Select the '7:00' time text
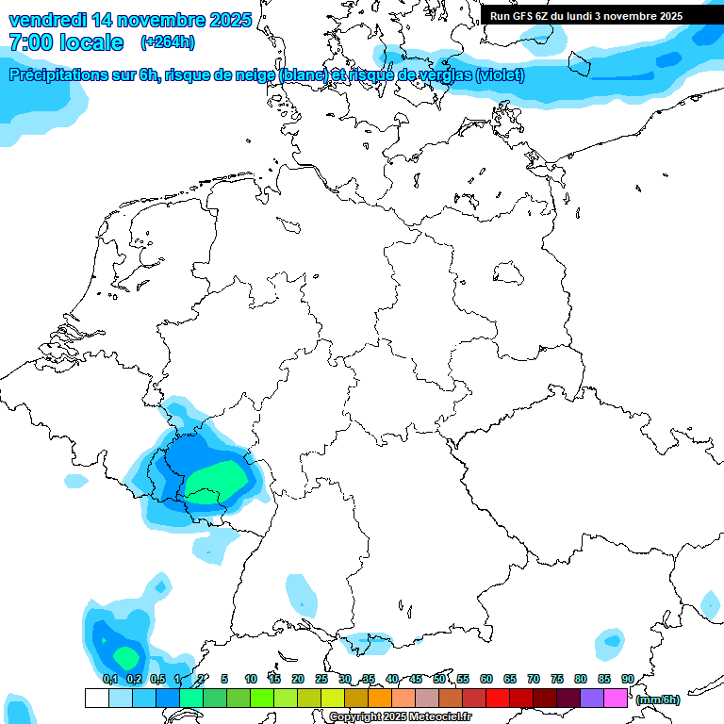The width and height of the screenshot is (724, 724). tap(30, 42)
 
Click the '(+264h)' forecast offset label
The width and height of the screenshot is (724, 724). tap(168, 42)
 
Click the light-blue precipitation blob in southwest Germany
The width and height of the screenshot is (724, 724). tap(302, 596)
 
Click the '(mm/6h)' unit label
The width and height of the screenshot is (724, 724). tap(658, 699)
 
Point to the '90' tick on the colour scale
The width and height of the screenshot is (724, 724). tap(628, 679)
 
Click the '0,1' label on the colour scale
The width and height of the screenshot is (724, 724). tap(109, 679)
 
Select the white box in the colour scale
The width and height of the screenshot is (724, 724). tap(96, 698)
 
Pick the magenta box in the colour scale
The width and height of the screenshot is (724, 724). tap(616, 698)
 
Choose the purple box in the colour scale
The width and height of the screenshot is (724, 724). tap(592, 698)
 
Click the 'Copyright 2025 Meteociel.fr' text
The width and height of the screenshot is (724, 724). tap(401, 716)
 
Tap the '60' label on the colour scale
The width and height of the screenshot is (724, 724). tap(486, 679)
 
